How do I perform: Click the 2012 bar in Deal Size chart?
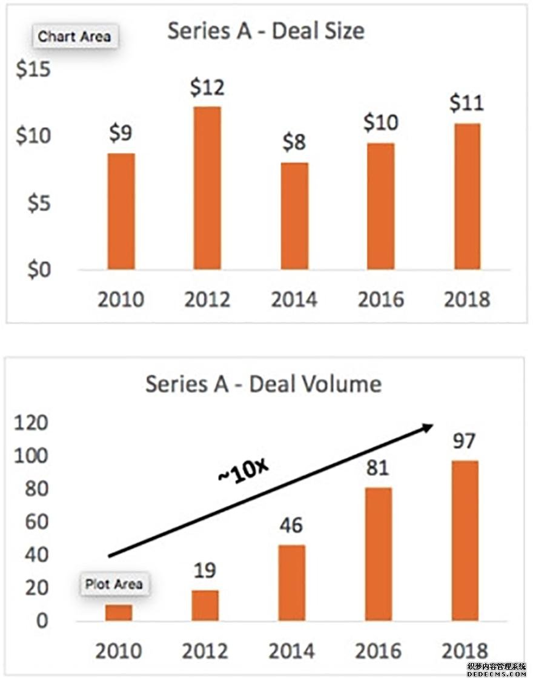click(207, 188)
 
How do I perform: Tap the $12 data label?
click(207, 88)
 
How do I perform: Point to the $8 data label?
click(294, 143)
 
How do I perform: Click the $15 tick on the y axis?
click(33, 70)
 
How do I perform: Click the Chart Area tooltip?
click(74, 36)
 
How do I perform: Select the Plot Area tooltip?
click(114, 584)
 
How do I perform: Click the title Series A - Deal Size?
click(266, 31)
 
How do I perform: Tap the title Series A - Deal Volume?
click(263, 384)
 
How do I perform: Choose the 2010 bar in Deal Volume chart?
click(119, 612)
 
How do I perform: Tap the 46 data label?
click(291, 525)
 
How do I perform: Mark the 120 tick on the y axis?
click(30, 423)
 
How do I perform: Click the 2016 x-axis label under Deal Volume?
click(378, 651)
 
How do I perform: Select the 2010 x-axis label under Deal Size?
click(121, 299)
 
